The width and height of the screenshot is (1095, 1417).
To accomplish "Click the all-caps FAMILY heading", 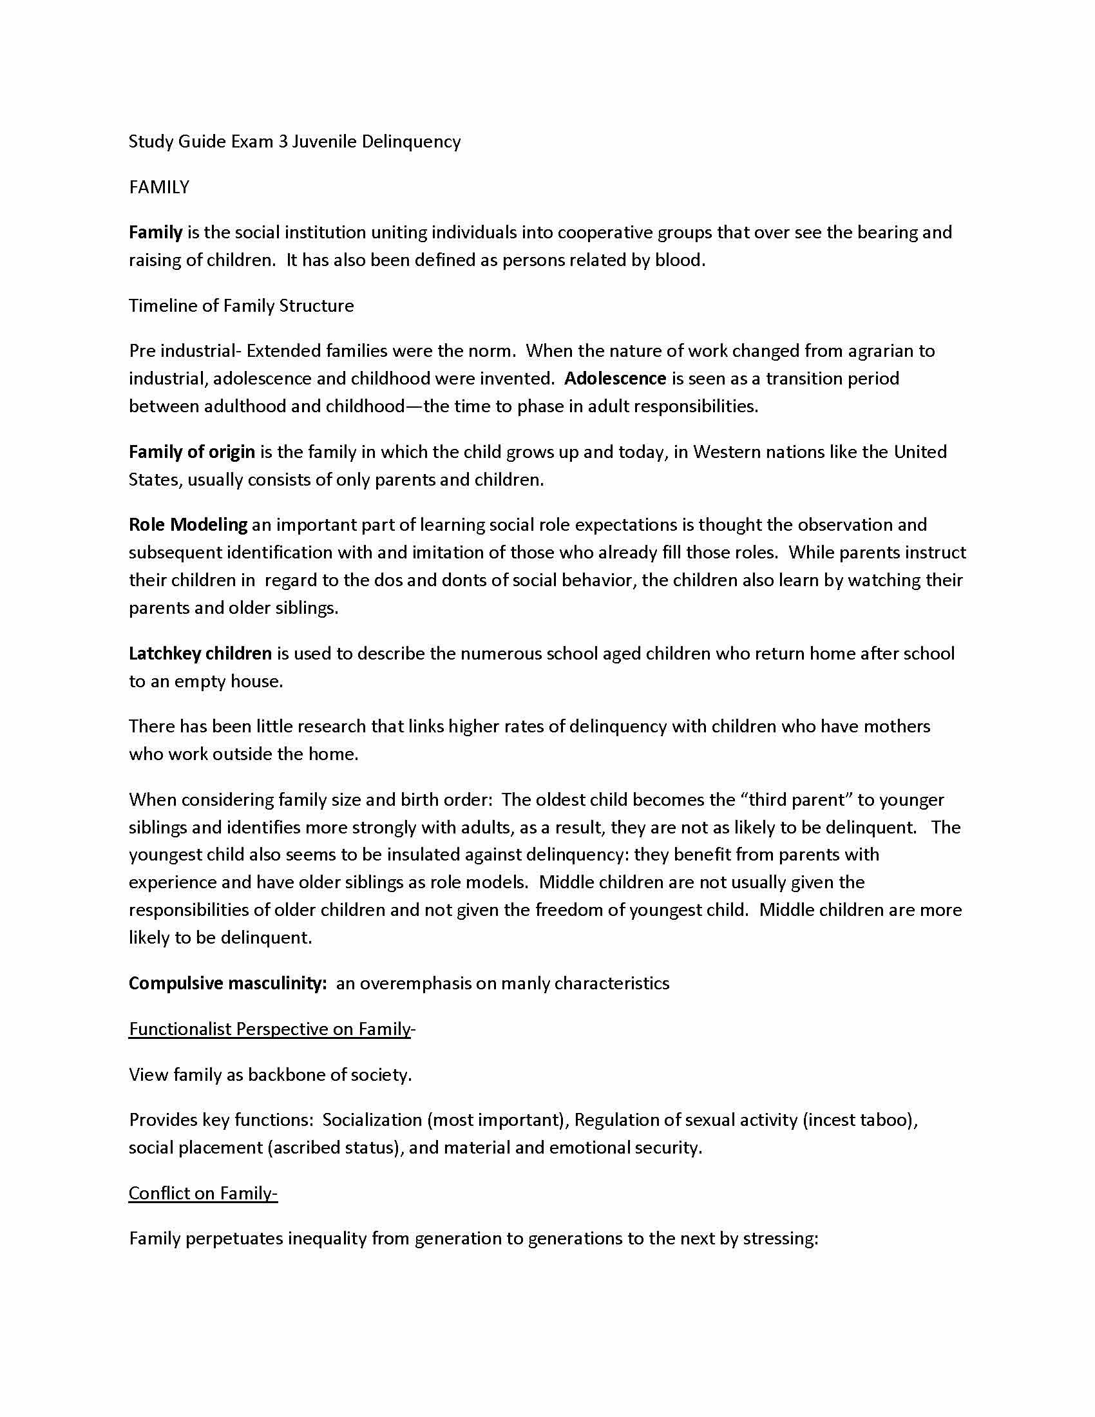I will click(159, 187).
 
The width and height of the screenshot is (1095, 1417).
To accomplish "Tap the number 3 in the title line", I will click(283, 142).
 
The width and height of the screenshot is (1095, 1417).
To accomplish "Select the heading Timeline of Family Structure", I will click(242, 305).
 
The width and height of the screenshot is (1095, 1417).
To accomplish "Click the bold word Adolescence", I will click(615, 378).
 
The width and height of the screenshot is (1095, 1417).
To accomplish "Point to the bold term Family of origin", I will click(191, 452).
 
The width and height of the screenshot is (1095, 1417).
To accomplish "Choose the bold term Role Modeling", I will click(188, 524).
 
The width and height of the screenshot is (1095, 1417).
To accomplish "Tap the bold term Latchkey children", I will click(200, 653).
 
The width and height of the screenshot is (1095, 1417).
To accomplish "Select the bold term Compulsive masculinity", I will click(227, 983).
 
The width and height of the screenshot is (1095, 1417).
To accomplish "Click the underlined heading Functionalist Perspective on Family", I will click(270, 1029).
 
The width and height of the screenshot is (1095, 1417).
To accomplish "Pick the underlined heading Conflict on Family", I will click(202, 1193).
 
